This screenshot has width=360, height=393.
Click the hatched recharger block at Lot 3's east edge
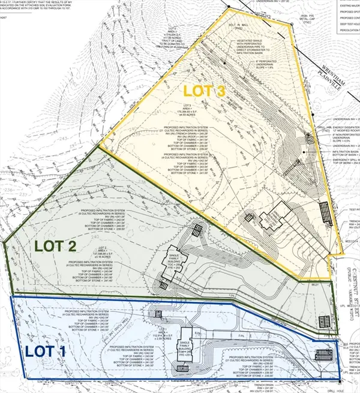324,212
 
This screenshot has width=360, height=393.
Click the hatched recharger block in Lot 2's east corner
324,320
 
